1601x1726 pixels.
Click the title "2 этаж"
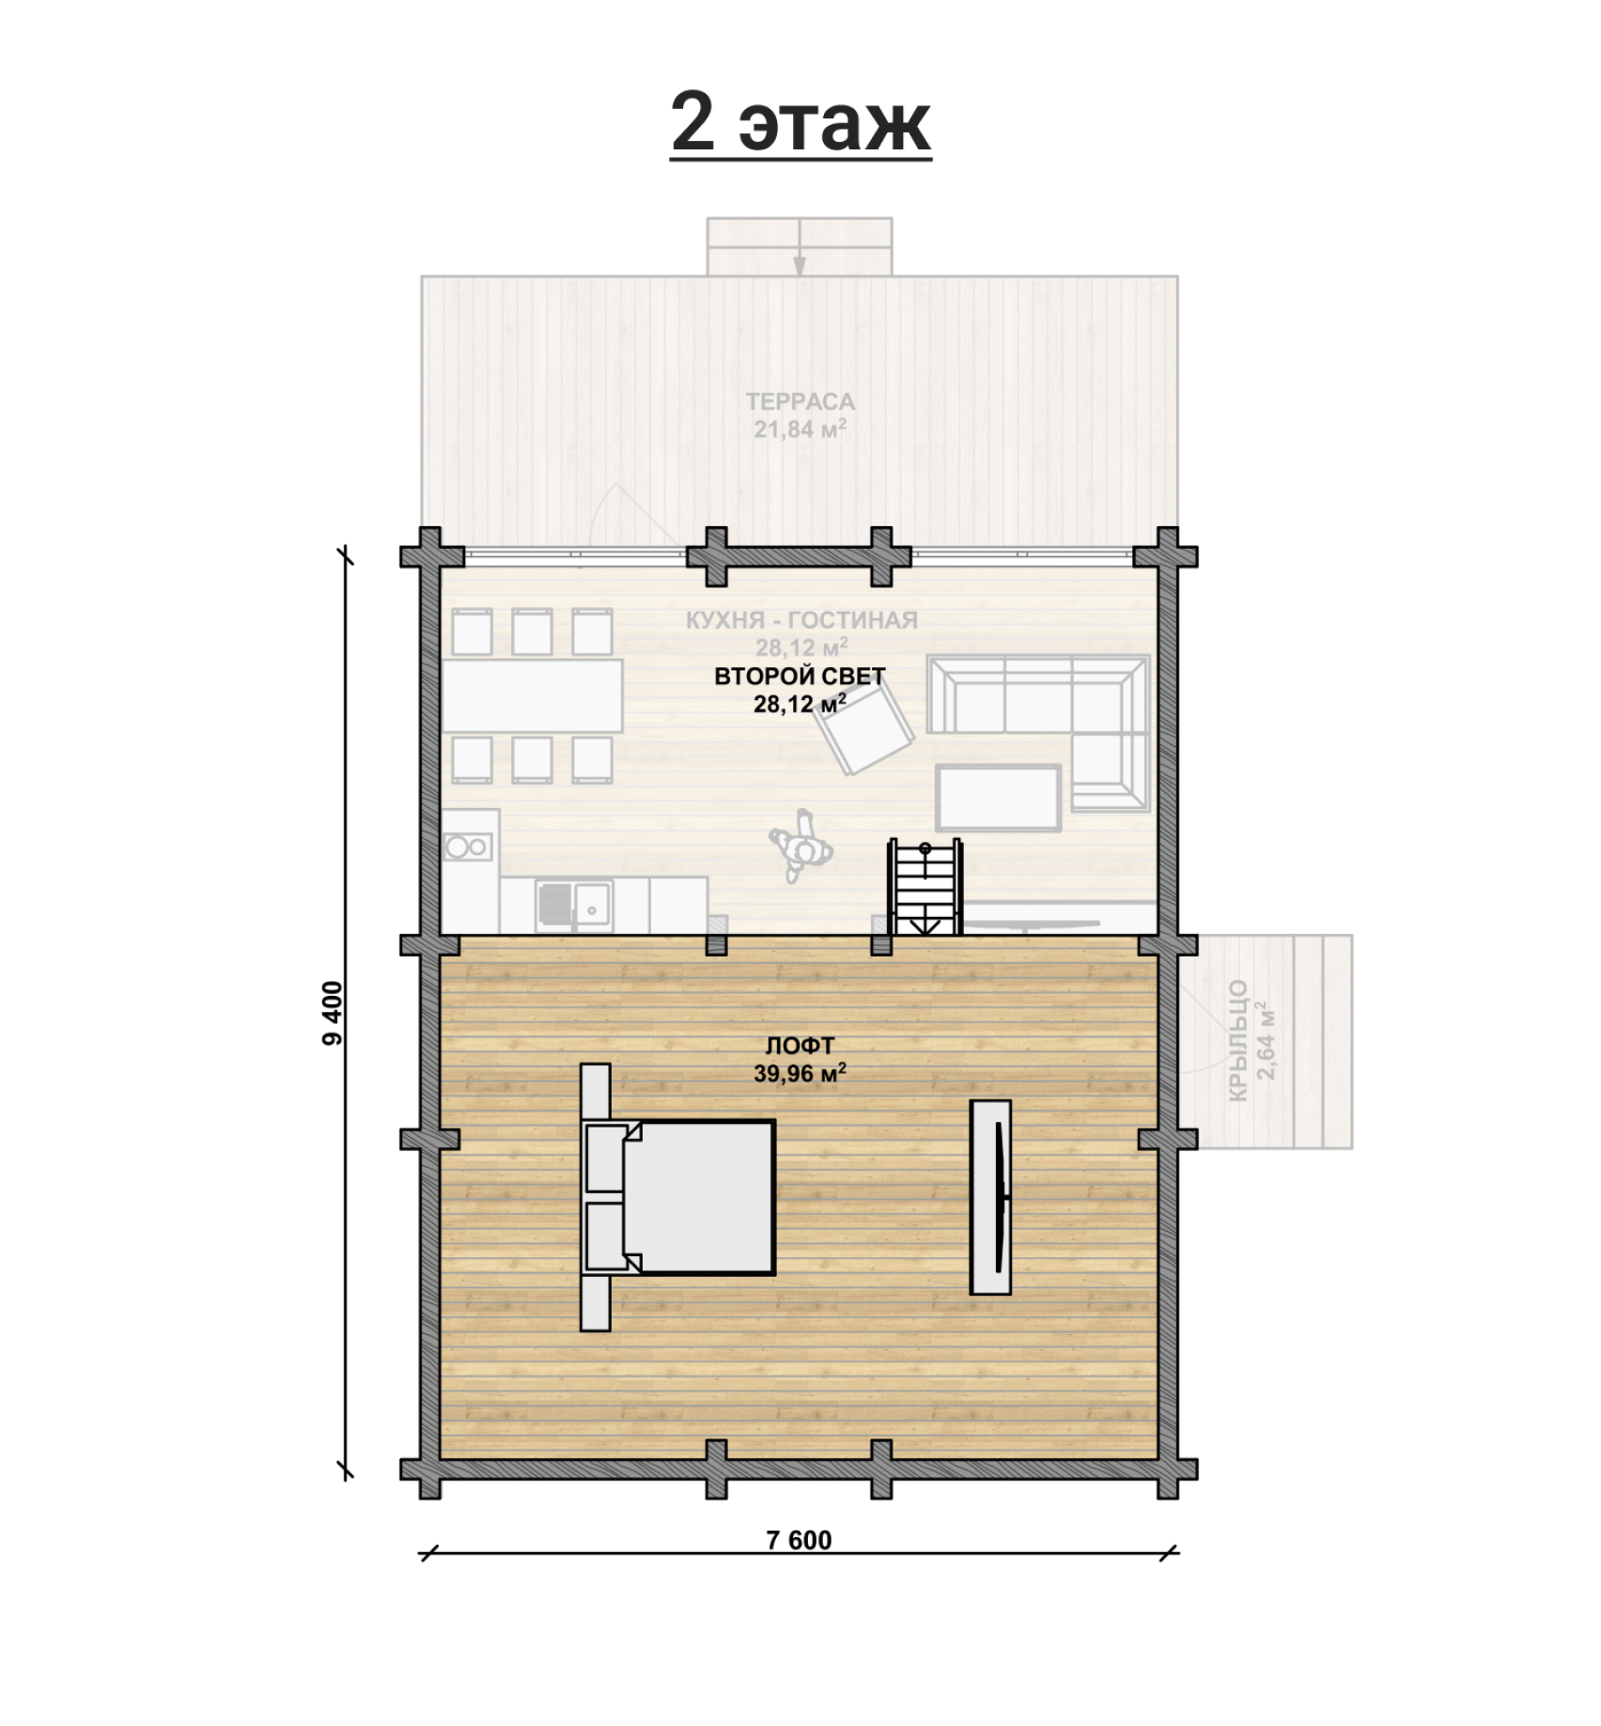[x=800, y=123]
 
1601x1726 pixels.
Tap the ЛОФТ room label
[x=800, y=1046]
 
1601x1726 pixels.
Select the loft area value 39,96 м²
[x=800, y=1073]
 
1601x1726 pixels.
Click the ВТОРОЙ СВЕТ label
[x=800, y=676]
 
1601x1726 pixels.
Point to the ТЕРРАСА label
[x=800, y=402]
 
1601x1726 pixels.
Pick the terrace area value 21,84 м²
[x=800, y=429]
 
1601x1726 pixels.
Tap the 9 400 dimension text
[x=333, y=1014]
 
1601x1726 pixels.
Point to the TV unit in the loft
[x=991, y=1198]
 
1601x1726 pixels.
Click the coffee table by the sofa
[x=998, y=798]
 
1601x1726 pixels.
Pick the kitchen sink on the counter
[x=574, y=906]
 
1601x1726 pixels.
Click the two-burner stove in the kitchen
[x=467, y=847]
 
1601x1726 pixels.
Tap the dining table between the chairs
[x=532, y=696]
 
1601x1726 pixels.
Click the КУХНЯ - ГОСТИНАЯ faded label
[x=801, y=620]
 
